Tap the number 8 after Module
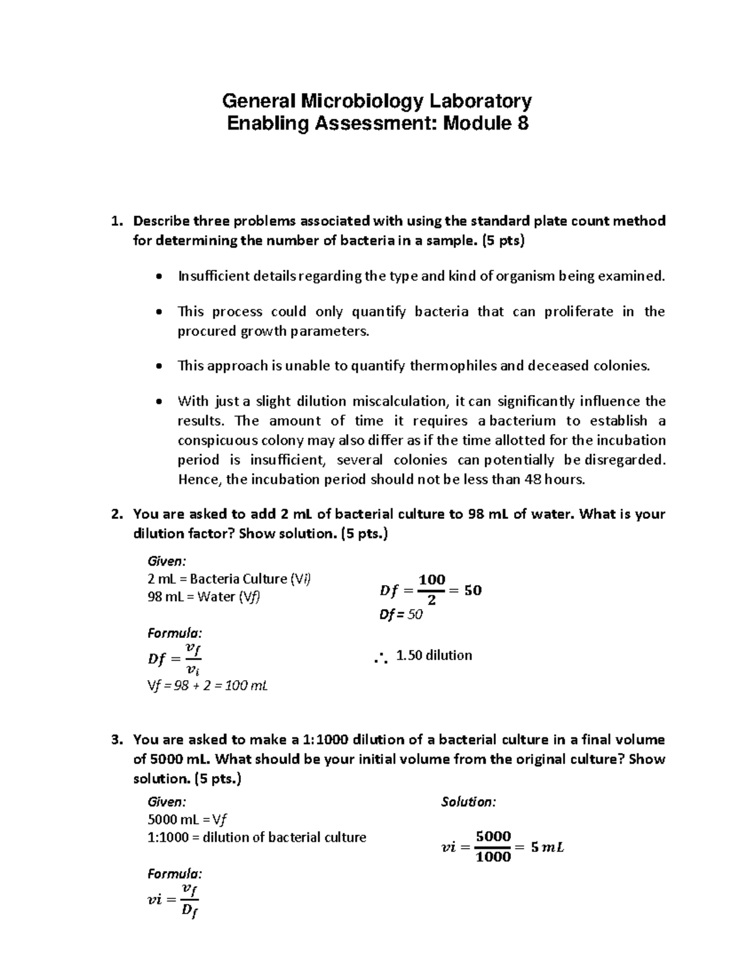(x=523, y=123)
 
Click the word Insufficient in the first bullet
(x=213, y=276)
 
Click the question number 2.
(x=115, y=514)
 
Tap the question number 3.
(x=115, y=740)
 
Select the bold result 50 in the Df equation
(x=473, y=590)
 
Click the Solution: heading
(x=468, y=802)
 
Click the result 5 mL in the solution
(x=547, y=847)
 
